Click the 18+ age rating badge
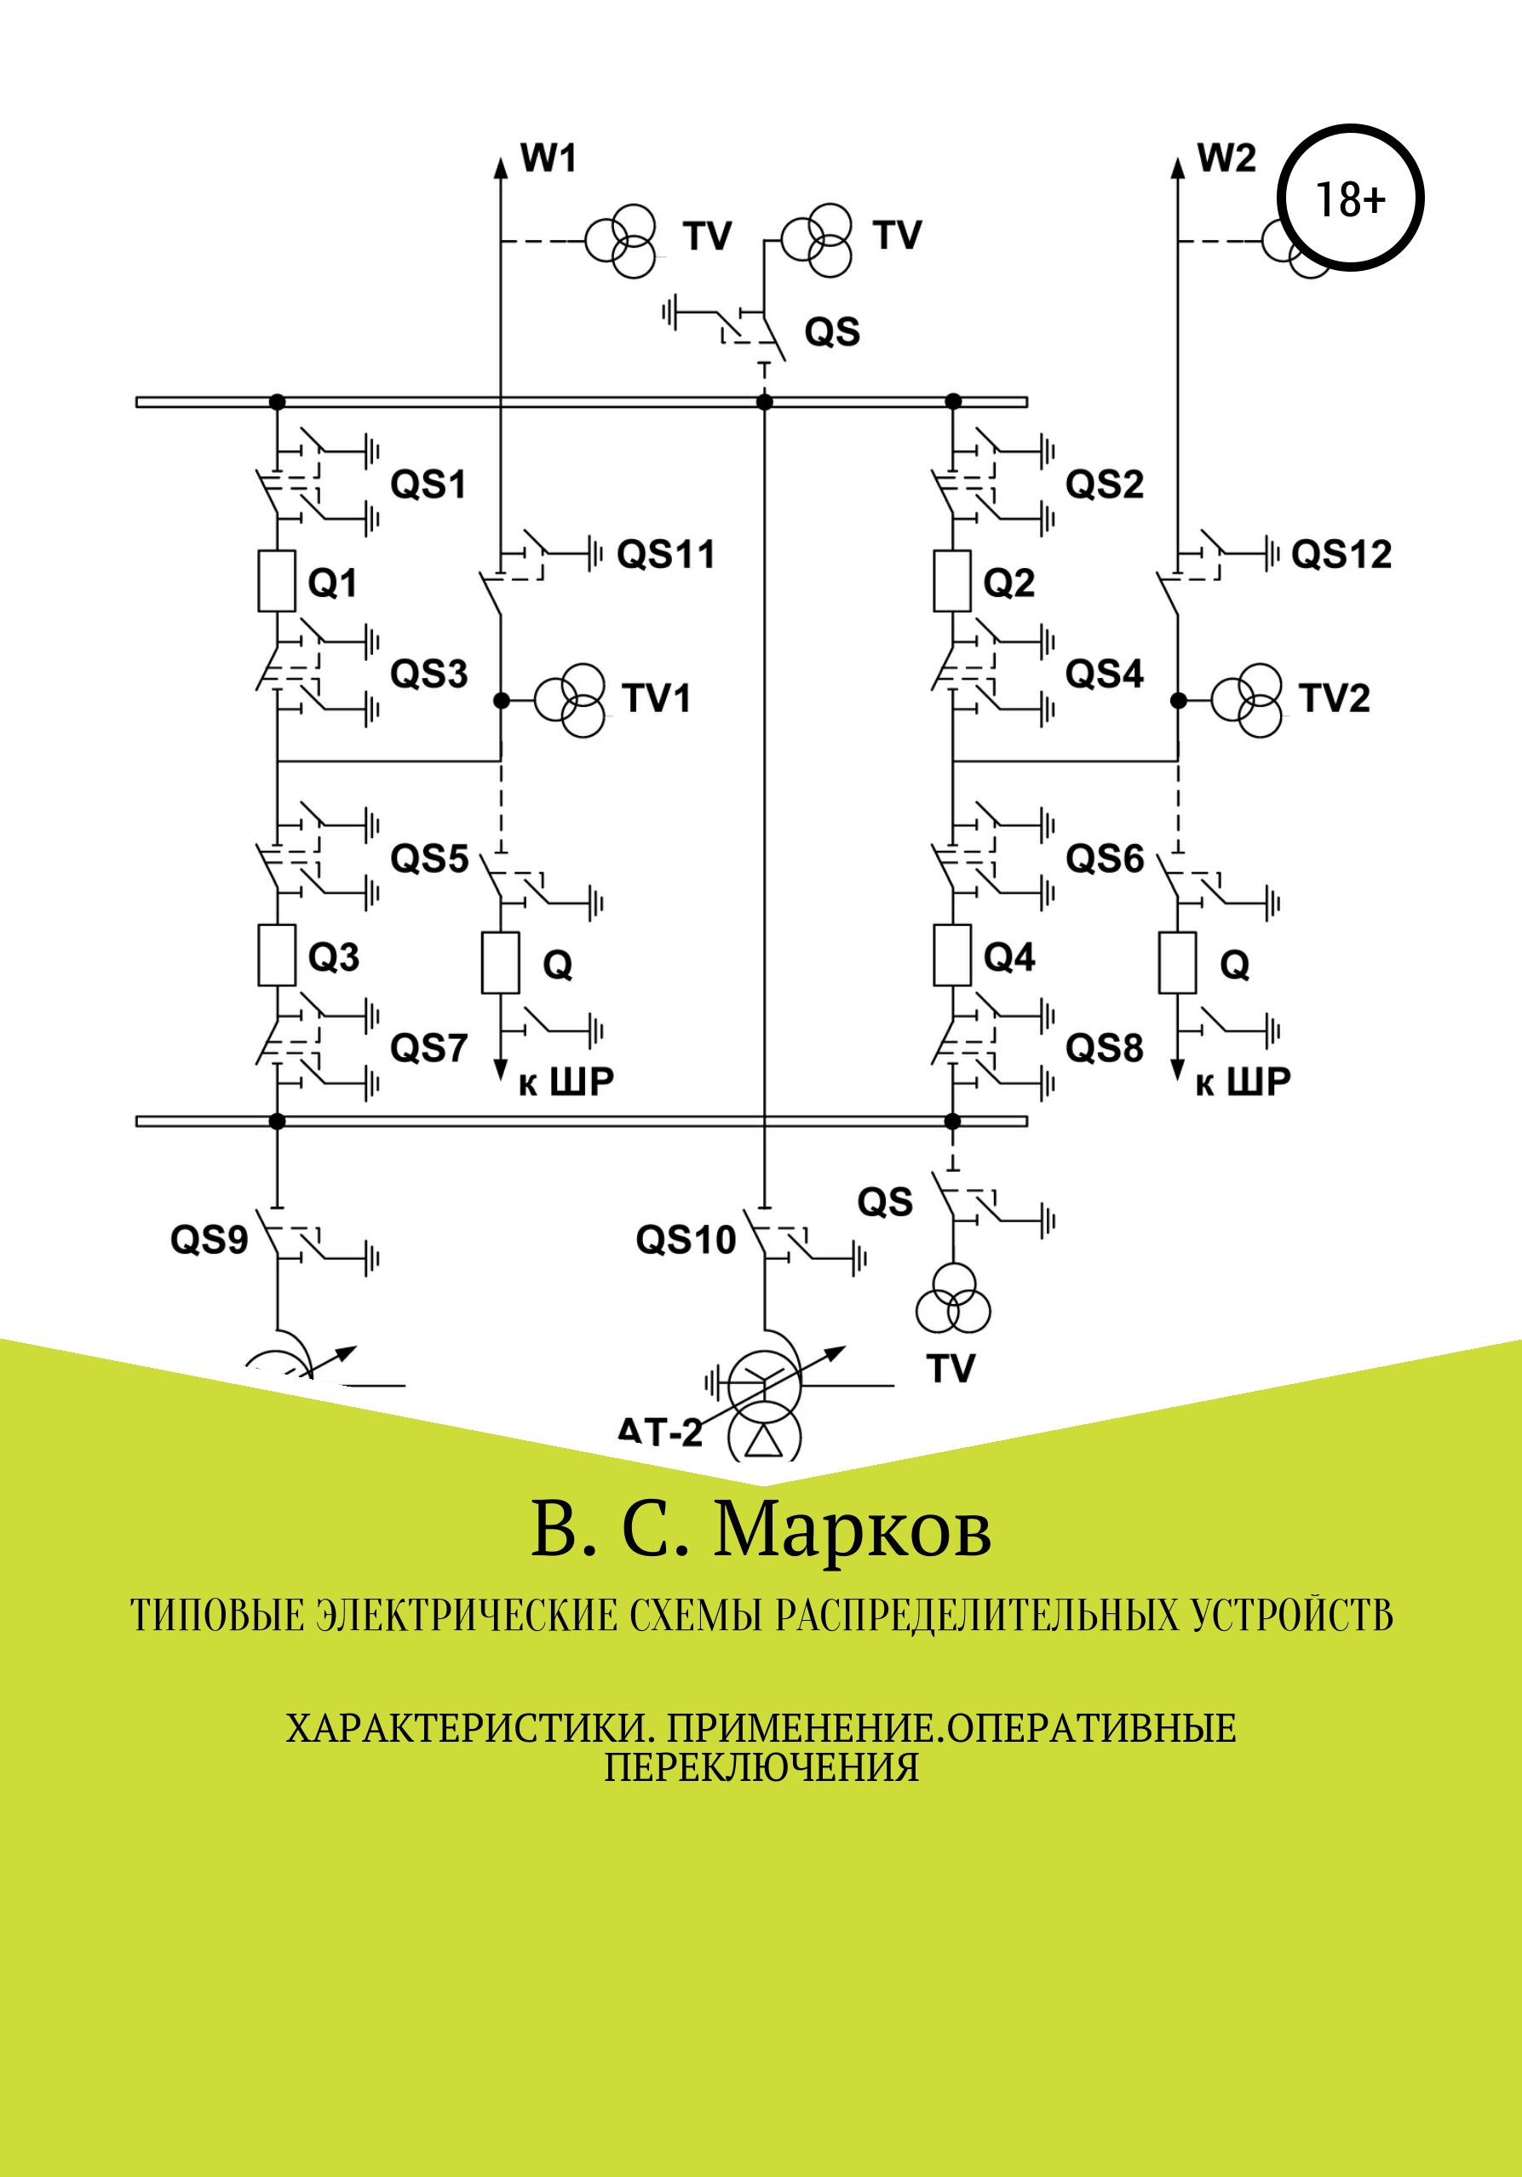point(1349,198)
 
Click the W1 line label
point(549,158)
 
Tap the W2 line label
point(1226,158)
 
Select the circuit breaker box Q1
point(276,580)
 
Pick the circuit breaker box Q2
point(952,580)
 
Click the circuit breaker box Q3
point(276,955)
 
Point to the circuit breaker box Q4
point(952,955)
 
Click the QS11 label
point(666,554)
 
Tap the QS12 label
point(1341,554)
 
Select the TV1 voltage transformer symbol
point(570,701)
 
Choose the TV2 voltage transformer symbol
point(1247,701)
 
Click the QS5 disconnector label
point(429,859)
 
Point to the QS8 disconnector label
point(1104,1048)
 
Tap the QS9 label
point(209,1239)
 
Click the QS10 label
point(686,1239)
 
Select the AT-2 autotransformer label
point(660,1432)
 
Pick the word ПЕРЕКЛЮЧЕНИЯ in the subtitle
point(761,1767)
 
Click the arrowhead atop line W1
point(501,167)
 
